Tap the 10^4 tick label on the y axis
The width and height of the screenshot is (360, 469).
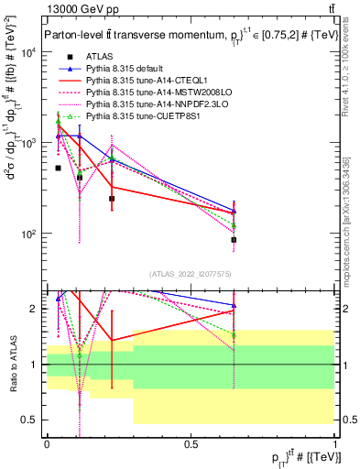[29, 52]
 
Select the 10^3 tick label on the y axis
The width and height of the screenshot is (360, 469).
[29, 144]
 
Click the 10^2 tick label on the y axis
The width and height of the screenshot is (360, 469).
[29, 234]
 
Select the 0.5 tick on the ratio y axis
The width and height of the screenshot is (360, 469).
[33, 420]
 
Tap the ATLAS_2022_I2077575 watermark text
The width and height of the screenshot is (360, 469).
[191, 273]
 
